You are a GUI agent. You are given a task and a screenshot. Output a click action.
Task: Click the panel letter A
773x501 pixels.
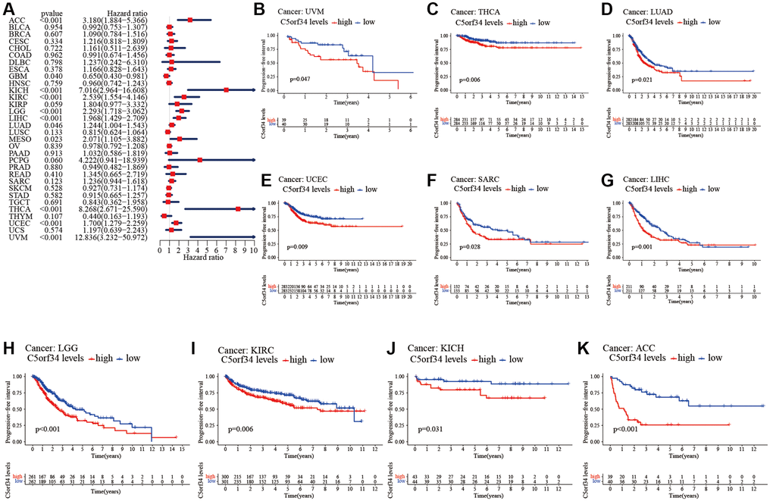point(8,8)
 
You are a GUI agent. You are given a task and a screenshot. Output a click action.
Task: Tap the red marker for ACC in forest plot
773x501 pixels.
point(189,20)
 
